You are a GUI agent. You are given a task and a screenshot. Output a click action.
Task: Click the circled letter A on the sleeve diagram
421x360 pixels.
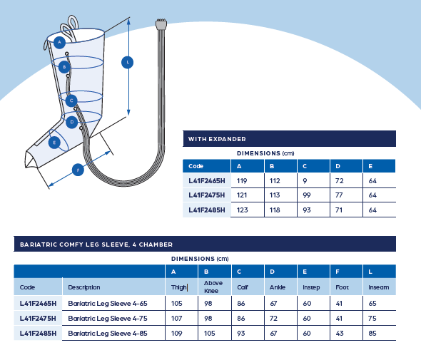click(59, 42)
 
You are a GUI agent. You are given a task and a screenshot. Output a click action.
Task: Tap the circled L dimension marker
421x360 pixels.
click(128, 63)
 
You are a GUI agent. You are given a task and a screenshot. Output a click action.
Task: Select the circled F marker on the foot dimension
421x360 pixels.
click(78, 170)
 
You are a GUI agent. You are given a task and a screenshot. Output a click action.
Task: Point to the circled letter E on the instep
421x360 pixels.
click(54, 143)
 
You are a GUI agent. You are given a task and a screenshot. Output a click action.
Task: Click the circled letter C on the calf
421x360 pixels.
click(71, 101)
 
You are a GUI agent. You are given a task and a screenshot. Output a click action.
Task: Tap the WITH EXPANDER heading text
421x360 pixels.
click(217, 139)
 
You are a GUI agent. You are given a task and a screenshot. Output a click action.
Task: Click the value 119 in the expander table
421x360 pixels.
click(242, 181)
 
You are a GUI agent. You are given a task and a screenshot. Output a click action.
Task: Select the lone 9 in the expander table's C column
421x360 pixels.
click(305, 181)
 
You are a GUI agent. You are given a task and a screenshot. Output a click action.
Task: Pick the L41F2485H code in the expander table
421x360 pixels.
click(207, 210)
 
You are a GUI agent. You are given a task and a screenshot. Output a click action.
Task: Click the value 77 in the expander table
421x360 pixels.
click(339, 195)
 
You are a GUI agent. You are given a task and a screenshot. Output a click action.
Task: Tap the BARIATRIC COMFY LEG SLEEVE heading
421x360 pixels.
click(96, 245)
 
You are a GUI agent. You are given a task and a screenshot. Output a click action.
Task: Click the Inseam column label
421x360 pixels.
click(379, 287)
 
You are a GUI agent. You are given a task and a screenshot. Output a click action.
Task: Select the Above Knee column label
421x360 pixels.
click(213, 287)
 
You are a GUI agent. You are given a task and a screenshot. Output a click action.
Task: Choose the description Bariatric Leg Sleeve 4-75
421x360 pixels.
click(108, 318)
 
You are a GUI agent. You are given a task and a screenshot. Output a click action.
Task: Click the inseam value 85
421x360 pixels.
click(372, 333)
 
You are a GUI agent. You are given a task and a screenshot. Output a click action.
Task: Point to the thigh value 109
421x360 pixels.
click(177, 333)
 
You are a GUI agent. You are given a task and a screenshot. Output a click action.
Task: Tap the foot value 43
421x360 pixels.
click(340, 333)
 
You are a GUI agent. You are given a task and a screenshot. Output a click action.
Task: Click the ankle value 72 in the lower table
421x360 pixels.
click(273, 318)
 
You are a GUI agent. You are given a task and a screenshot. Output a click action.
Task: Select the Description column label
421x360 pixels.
click(84, 287)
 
